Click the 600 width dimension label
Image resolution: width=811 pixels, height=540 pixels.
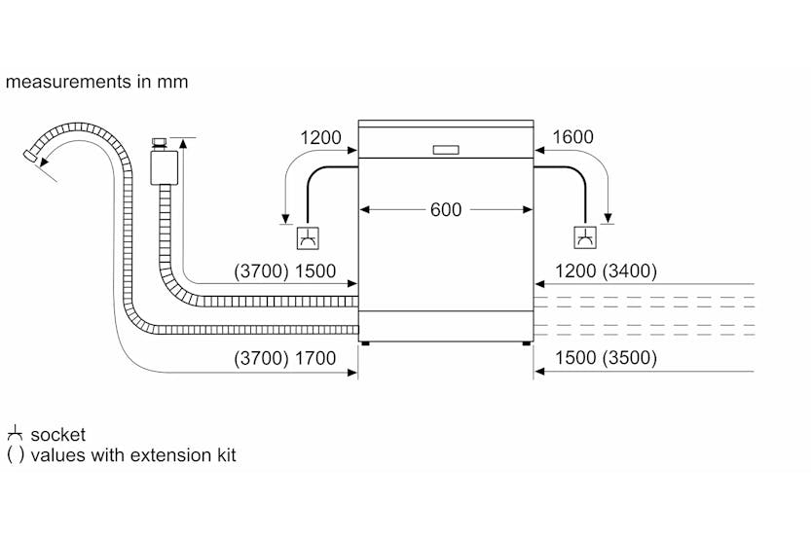tap(446, 209)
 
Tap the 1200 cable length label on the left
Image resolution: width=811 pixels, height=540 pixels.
tap(320, 138)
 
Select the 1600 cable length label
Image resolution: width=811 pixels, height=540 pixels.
tap(571, 138)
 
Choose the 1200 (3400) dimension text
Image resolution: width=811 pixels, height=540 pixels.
tap(605, 270)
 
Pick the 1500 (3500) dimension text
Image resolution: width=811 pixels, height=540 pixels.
tap(605, 358)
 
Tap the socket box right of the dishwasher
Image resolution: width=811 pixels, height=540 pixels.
tap(584, 237)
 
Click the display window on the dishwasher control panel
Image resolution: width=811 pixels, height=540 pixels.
tap(446, 150)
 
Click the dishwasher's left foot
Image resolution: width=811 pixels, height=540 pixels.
tap(365, 342)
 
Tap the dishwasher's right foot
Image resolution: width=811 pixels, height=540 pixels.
tap(528, 342)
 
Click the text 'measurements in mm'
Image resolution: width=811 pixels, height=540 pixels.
tap(96, 82)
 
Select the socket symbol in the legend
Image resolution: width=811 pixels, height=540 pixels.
tap(15, 434)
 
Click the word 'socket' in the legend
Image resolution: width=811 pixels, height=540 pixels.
tap(58, 435)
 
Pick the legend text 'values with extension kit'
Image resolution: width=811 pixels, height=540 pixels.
tap(133, 454)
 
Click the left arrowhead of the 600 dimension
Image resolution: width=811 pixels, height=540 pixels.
tap(364, 209)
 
